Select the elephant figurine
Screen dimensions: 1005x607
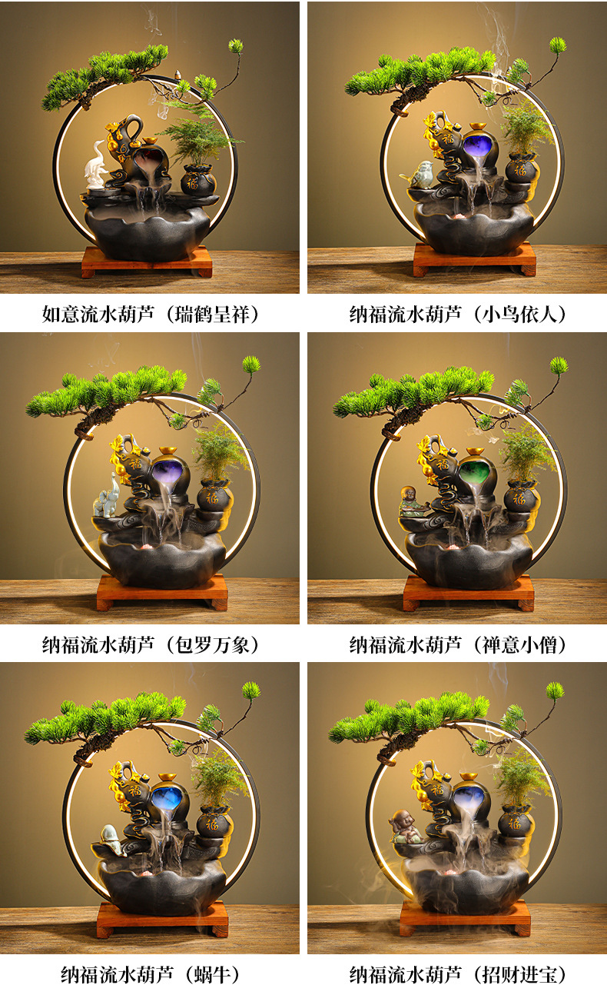coord(107,495)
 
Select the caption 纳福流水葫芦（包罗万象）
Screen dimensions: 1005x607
coord(151,644)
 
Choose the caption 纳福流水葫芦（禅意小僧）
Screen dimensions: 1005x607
coord(458,644)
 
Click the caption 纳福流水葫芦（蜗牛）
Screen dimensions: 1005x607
coord(151,975)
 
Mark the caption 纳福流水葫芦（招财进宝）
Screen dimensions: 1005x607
coord(458,975)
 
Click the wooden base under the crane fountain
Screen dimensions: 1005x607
coord(147,262)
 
